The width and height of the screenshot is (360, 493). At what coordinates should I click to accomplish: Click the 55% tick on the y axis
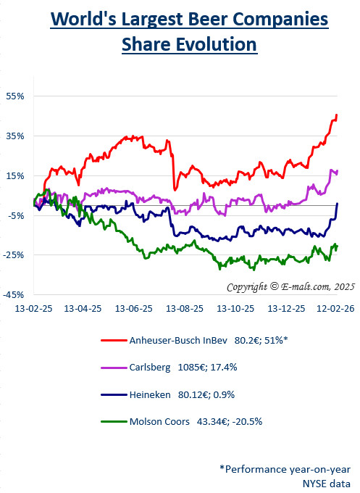tap(16, 96)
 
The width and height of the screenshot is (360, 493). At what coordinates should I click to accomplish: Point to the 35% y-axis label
tap(16, 136)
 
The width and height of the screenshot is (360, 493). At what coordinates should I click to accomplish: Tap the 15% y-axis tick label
tap(16, 175)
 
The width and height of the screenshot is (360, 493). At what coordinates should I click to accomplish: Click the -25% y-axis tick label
tap(14, 255)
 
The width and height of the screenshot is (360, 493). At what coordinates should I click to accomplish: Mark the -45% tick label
tap(14, 295)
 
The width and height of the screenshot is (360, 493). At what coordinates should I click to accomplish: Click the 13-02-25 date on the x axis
tap(34, 308)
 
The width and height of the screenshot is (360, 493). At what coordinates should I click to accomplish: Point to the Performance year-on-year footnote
tap(285, 469)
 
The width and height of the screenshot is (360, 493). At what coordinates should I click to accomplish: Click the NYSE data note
tap(327, 483)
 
